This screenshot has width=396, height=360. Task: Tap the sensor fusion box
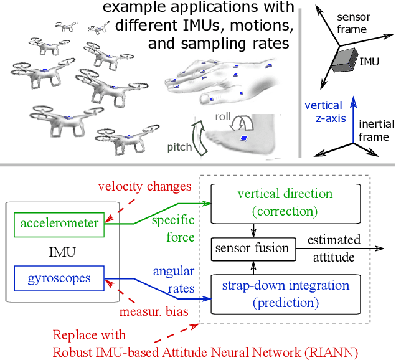pyautogui.click(x=252, y=248)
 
